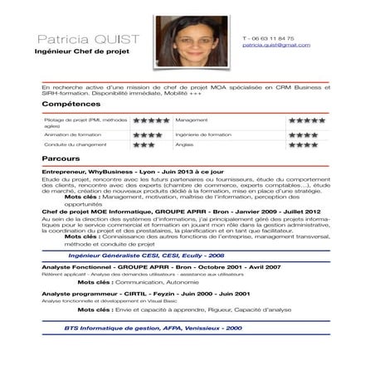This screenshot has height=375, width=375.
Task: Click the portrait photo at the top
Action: [x=190, y=41]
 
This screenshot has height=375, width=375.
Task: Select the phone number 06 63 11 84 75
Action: [x=270, y=38]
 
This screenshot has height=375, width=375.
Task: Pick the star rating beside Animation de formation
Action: [x=147, y=134]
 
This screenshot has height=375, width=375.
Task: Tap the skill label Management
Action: [x=191, y=120]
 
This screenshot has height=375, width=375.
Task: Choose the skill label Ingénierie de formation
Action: [x=203, y=134]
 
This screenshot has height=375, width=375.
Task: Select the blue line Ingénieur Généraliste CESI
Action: [x=146, y=256]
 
